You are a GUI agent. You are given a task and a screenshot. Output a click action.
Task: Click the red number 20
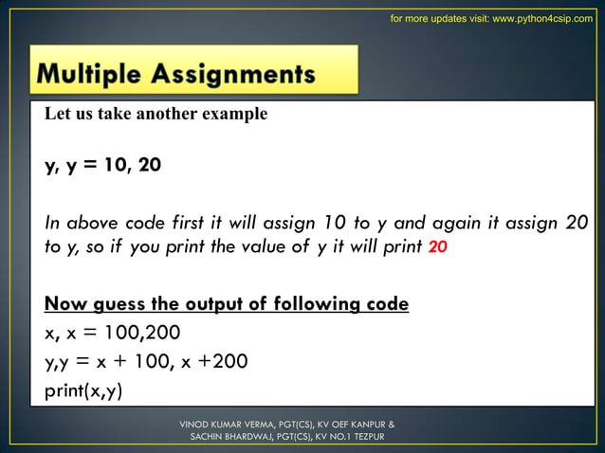tap(438, 247)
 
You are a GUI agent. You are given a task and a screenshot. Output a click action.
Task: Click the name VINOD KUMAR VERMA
tap(226, 424)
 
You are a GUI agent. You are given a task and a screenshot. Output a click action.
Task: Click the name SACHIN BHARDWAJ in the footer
tap(233, 438)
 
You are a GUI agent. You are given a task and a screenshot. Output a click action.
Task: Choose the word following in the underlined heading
tap(351, 304)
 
